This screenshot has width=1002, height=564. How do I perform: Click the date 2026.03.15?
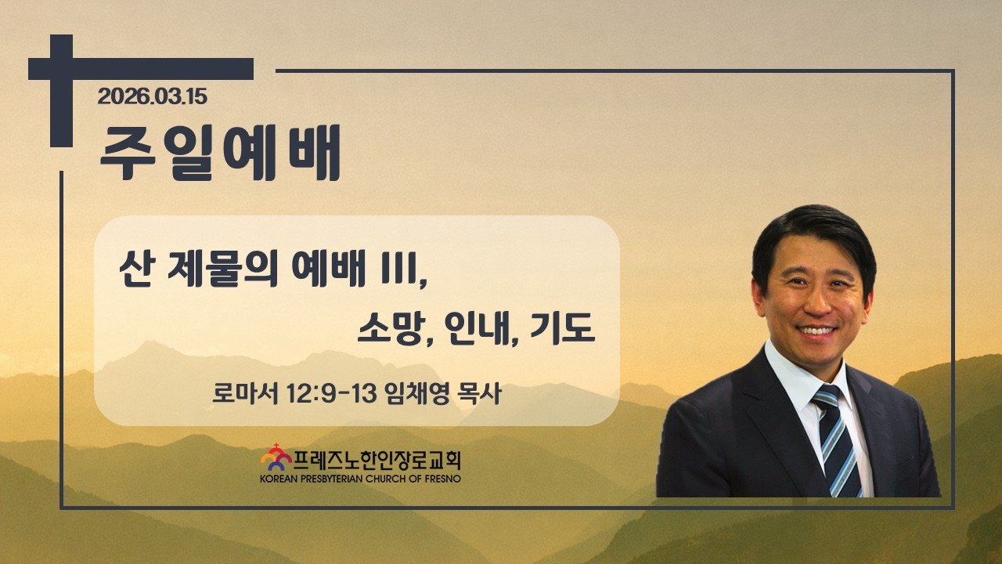(x=152, y=96)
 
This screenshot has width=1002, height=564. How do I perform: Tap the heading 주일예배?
(x=220, y=153)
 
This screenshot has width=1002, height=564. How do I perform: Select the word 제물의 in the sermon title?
(x=223, y=270)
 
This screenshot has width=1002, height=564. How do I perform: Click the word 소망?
(x=389, y=328)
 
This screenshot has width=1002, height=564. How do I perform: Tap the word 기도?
(x=562, y=328)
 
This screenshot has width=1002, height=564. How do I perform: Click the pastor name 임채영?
(x=417, y=393)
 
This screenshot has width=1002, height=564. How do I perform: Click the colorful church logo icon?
(x=276, y=457)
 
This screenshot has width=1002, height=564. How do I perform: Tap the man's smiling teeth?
(x=816, y=331)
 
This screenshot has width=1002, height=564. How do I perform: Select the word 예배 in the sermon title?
(x=328, y=269)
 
